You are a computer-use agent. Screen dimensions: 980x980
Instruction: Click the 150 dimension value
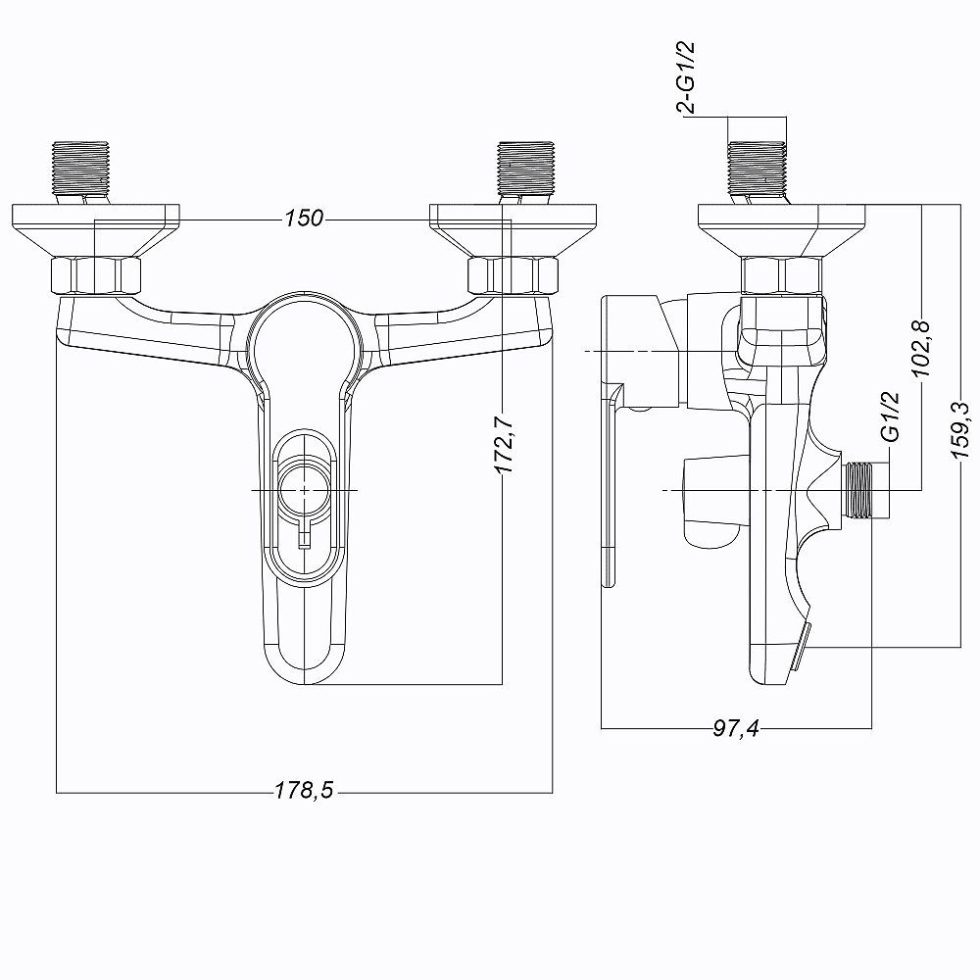(304, 219)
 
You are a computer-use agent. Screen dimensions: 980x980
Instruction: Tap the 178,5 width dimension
(305, 791)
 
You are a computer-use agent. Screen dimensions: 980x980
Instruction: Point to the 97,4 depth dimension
(736, 727)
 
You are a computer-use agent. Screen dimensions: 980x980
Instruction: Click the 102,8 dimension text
(921, 348)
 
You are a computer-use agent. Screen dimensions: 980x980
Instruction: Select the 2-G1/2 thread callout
(686, 77)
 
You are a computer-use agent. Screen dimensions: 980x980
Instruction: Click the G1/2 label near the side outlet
(890, 416)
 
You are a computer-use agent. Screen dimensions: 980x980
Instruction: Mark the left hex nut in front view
(95, 275)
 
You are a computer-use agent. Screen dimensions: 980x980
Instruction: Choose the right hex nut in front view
(513, 275)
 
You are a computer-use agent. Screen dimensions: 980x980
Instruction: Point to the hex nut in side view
(781, 275)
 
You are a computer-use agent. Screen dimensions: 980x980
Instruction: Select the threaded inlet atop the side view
(757, 169)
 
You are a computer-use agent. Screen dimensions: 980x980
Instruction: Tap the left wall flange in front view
(96, 229)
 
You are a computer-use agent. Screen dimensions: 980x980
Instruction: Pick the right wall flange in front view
(513, 229)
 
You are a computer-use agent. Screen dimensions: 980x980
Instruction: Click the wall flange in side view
(781, 229)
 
